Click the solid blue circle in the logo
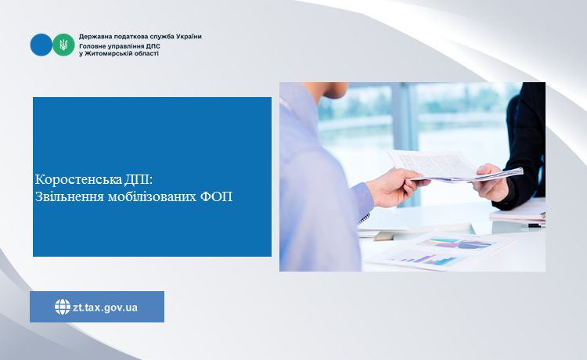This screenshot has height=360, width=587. point(41,45)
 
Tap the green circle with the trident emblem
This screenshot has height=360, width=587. point(63,45)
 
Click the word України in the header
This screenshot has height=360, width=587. point(189,37)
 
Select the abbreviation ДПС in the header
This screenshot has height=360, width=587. point(153,46)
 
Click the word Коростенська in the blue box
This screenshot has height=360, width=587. point(78,179)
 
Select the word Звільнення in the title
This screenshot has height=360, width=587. point(69,196)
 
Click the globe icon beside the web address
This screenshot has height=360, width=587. point(63,307)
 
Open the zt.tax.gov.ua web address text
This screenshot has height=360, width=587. point(105,308)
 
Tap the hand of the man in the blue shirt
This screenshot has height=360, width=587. point(395,187)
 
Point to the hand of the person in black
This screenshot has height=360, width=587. point(490,182)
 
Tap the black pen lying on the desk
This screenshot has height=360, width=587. point(536,225)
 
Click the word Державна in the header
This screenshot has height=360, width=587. point(93,37)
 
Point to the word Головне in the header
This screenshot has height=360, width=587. point(92,46)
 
